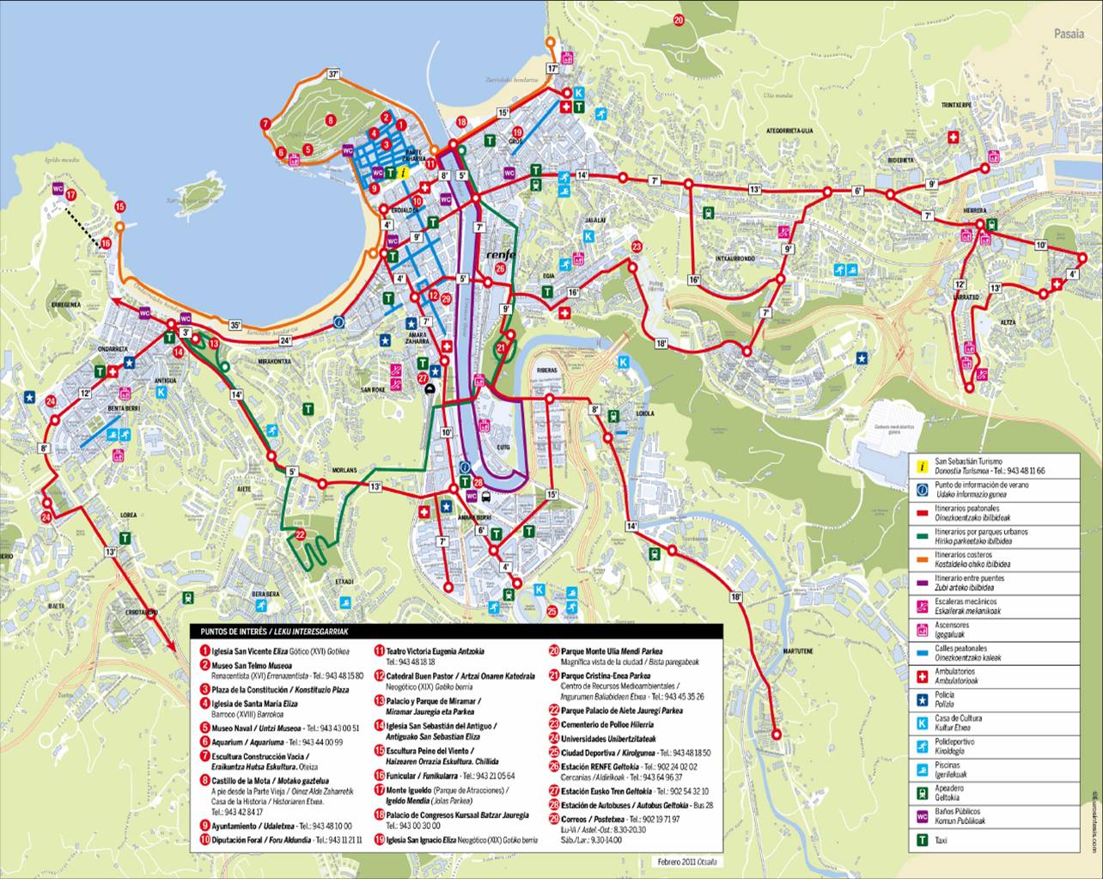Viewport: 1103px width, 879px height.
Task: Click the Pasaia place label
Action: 1069,34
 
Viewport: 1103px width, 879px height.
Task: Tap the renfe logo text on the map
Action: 500,255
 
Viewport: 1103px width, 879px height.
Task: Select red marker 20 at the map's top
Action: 679,20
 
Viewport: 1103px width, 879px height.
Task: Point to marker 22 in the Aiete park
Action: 301,534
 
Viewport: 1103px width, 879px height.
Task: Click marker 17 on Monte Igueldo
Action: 71,195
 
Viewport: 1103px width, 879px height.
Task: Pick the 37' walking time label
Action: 334,75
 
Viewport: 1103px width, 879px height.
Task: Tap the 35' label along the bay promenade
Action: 235,325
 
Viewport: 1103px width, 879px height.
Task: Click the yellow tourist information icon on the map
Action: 404,172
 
